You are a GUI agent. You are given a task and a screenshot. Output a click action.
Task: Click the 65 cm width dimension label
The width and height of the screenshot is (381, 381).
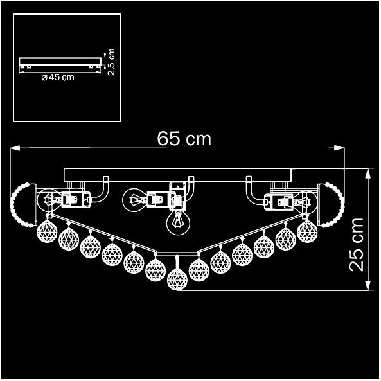coord(184,139)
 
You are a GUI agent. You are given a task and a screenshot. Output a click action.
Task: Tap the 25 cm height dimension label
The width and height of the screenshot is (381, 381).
coord(356,245)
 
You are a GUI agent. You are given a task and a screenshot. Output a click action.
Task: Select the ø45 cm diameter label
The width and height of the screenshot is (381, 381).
coord(58,77)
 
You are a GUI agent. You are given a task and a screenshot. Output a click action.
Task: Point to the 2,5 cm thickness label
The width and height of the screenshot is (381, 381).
coord(111,62)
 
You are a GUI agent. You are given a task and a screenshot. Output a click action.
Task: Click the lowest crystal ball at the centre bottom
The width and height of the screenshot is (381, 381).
coord(177,279)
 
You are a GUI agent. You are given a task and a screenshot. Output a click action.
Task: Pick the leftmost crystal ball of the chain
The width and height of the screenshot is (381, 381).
coord(47,232)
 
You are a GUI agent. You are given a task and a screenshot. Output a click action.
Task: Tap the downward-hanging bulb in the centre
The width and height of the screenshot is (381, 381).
coord(178,222)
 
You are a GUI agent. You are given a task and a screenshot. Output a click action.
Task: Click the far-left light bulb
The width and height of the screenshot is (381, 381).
coord(50,200)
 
